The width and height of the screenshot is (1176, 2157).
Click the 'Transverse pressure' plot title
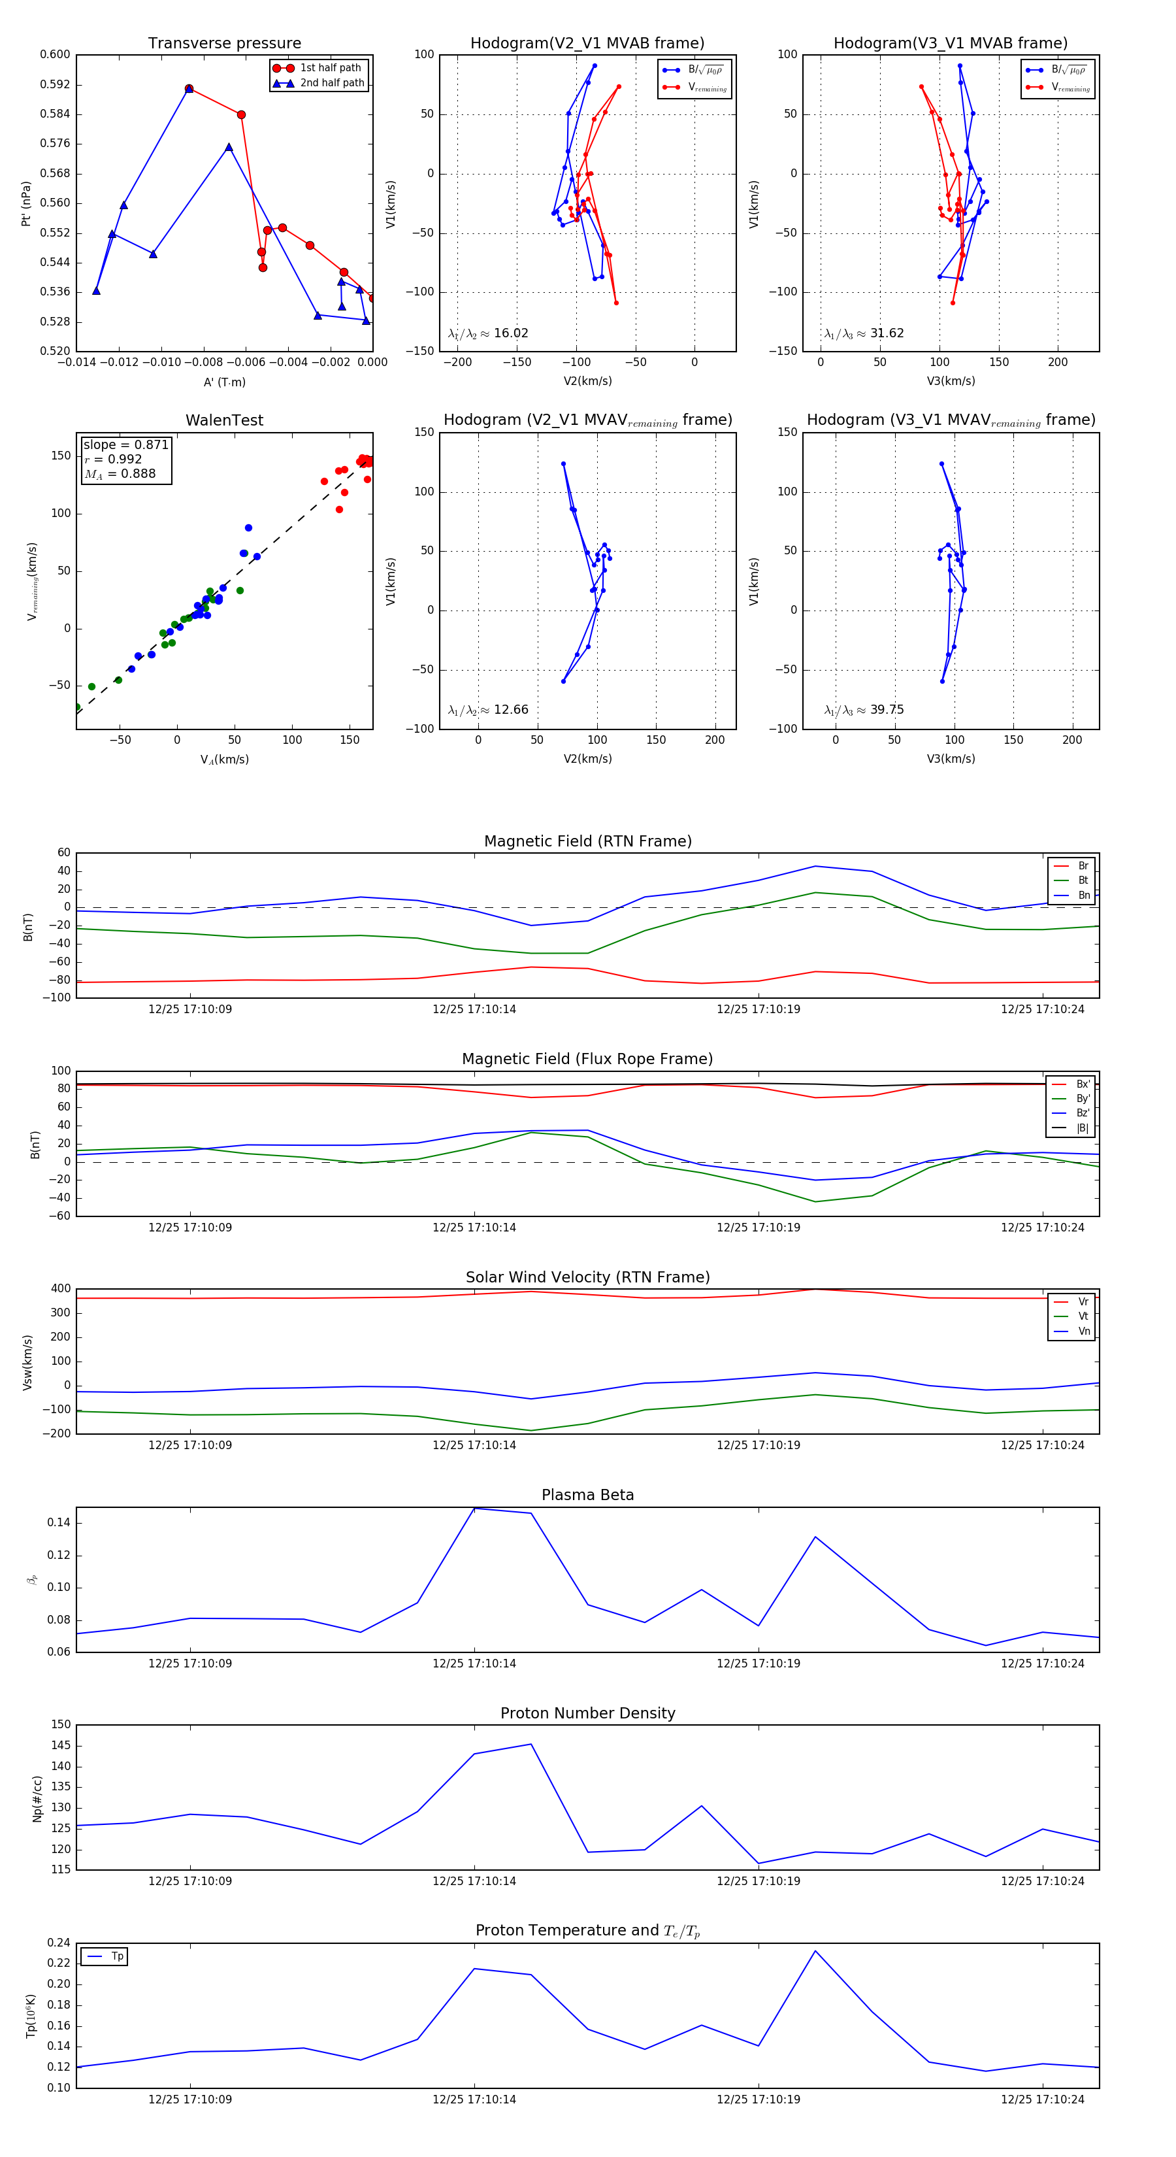(x=224, y=44)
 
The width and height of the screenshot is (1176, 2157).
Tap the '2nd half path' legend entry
(x=331, y=83)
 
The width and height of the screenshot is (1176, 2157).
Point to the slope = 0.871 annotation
(x=125, y=444)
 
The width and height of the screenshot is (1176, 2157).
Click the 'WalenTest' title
(x=224, y=420)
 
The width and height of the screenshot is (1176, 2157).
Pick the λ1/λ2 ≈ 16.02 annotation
(x=488, y=333)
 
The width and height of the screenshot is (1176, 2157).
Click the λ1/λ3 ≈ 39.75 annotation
(x=864, y=710)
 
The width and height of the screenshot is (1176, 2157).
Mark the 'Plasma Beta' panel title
(x=587, y=1496)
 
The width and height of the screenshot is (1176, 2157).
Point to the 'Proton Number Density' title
(x=587, y=1713)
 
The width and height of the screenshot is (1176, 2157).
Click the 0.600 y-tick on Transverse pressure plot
(x=56, y=54)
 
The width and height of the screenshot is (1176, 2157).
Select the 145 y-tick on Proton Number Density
(x=61, y=1746)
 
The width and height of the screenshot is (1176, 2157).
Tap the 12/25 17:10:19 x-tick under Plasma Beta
(x=759, y=1664)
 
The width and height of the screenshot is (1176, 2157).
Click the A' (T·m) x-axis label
(x=224, y=382)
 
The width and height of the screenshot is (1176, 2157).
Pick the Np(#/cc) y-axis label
(x=37, y=1799)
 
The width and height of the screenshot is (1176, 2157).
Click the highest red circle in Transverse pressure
(x=189, y=89)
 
